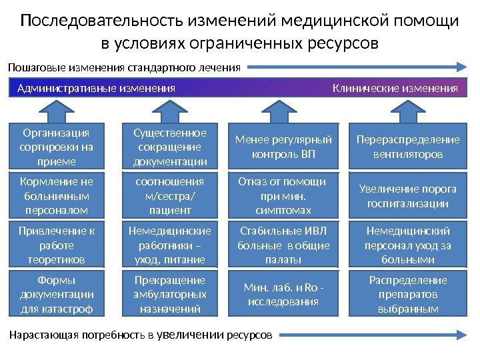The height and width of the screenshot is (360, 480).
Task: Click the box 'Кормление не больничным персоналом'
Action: click(57, 195)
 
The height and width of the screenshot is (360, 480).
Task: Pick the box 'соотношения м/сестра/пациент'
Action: click(170, 195)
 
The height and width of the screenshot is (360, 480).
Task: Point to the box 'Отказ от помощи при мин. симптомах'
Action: click(283, 195)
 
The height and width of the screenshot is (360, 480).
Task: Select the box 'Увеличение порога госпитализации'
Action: click(408, 195)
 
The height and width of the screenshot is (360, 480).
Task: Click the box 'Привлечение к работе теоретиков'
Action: click(57, 245)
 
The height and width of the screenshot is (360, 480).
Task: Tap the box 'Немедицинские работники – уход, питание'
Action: click(170, 245)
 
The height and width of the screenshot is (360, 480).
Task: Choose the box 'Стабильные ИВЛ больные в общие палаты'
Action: click(283, 245)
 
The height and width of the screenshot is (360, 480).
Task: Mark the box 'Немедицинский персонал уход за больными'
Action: click(408, 245)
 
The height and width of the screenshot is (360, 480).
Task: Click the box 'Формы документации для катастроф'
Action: click(57, 294)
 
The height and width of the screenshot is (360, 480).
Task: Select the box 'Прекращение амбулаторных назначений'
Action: click(170, 294)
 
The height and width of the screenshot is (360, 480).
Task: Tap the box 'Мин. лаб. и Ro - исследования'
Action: click(283, 294)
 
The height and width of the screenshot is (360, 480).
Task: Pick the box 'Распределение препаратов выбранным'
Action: click(408, 294)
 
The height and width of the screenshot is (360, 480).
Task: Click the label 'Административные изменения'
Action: click(96, 88)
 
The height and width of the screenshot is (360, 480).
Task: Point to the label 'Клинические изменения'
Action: click(395, 88)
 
